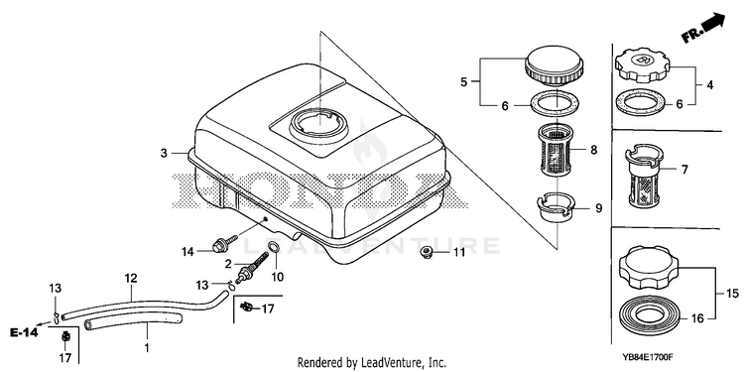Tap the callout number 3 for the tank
[164, 153]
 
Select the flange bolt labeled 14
[225, 244]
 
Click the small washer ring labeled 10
[274, 247]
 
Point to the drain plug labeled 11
[427, 252]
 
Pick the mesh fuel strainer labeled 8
[557, 149]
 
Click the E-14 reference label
[23, 332]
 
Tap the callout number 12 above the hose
[131, 278]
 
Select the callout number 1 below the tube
[147, 348]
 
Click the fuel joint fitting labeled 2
[252, 268]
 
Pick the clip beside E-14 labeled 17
[65, 337]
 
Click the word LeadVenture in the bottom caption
[382, 363]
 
